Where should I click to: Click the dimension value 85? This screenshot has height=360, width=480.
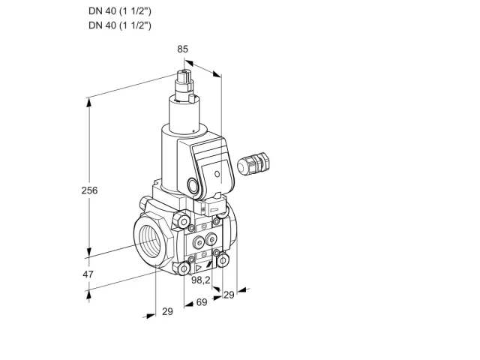182,49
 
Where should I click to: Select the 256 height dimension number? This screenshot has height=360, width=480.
89,190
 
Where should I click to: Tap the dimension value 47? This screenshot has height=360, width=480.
88,274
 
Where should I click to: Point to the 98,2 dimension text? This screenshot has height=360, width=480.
201,280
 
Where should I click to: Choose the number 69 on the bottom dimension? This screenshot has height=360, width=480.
202,302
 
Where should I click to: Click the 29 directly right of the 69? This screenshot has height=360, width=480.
229,295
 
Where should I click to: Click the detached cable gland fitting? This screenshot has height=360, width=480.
253,163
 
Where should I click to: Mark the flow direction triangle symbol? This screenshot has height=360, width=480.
199,268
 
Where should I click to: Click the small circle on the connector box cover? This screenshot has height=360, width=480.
217,174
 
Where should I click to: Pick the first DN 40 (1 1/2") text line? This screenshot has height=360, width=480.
120,11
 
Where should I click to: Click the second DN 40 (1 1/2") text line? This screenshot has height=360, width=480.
120,25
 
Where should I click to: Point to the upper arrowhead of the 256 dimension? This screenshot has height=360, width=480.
88,103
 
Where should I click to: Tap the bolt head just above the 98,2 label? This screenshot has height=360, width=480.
184,269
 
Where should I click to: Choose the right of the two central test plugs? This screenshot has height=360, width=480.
211,239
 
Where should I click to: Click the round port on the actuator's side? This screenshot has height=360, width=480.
193,185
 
